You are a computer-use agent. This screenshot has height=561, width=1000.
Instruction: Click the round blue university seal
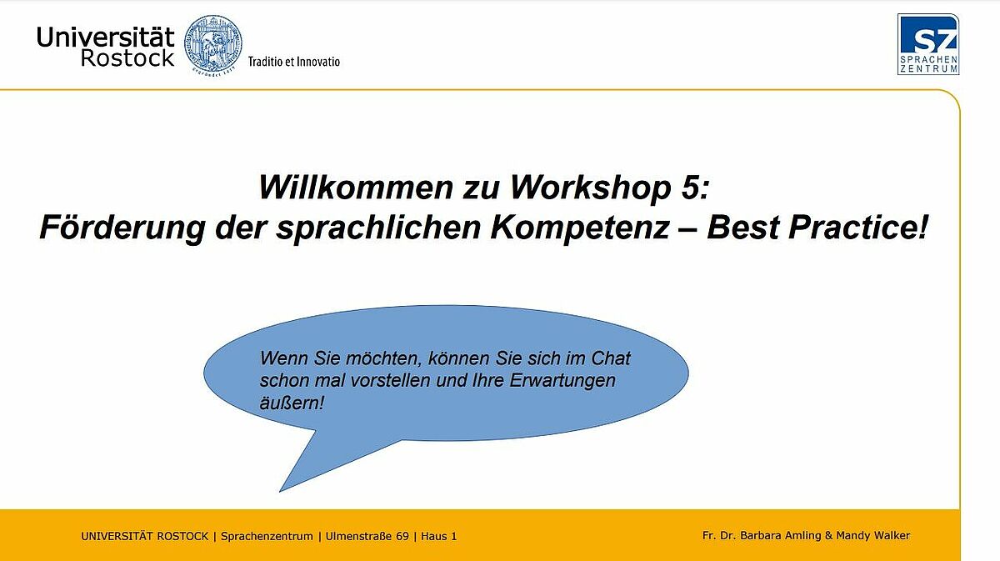[213, 44]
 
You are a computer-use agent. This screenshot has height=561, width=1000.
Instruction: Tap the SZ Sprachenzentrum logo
[928, 44]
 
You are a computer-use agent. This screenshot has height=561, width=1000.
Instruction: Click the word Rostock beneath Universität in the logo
[127, 58]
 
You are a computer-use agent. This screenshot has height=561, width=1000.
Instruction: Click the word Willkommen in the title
[356, 187]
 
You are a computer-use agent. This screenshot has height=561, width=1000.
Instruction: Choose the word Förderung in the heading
[122, 227]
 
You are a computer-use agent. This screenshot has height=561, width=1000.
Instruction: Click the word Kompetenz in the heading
[580, 228]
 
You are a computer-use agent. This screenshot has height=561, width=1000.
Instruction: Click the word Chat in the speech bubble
[611, 358]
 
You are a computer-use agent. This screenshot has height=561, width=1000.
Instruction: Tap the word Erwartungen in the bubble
[562, 381]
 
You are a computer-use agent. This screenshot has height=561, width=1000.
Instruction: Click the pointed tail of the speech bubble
[280, 491]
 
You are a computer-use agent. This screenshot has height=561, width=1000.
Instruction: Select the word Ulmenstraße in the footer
[367, 536]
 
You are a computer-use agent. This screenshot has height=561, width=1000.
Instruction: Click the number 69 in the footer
[402, 536]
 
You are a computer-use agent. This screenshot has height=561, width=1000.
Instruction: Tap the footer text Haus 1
[439, 536]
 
